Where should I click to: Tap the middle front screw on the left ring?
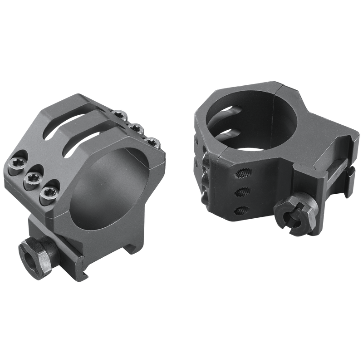(34, 176)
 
